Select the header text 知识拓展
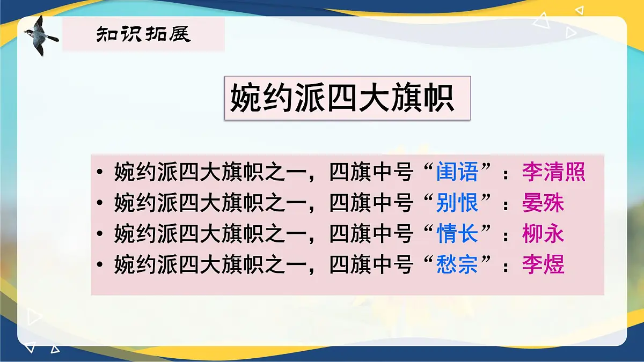pyautogui.click(x=143, y=35)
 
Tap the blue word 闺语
pyautogui.click(x=457, y=173)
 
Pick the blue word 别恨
pyautogui.click(x=457, y=204)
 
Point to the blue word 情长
pyautogui.click(x=457, y=234)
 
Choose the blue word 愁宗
pyautogui.click(x=457, y=265)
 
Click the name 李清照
pyautogui.click(x=553, y=173)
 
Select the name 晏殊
pyautogui.click(x=543, y=204)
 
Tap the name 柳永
pyautogui.click(x=543, y=234)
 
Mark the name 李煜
pyautogui.click(x=543, y=265)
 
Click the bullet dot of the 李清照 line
pyautogui.click(x=100, y=173)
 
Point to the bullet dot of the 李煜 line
pyautogui.click(x=100, y=266)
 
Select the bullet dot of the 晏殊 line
pyautogui.click(x=100, y=204)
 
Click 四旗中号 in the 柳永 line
pyautogui.click(x=371, y=234)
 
